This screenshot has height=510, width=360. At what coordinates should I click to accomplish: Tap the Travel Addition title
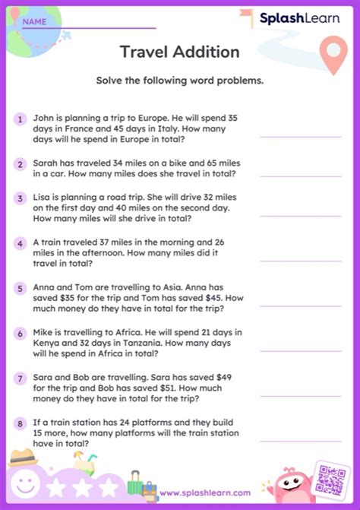coord(179,52)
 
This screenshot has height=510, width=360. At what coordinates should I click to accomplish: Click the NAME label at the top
coord(34,21)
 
